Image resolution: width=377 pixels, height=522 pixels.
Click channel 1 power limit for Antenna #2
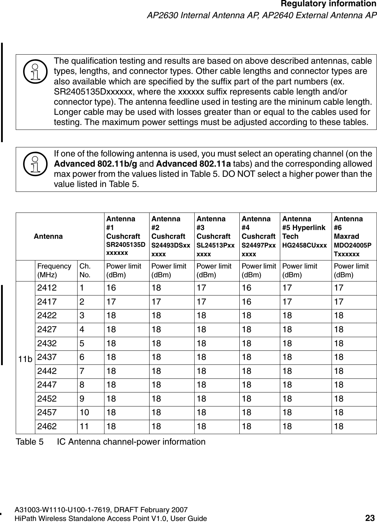tap(156, 288)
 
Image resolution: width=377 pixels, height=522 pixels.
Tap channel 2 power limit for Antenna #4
tap(246, 302)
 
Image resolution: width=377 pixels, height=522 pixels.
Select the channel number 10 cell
tap(84, 412)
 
